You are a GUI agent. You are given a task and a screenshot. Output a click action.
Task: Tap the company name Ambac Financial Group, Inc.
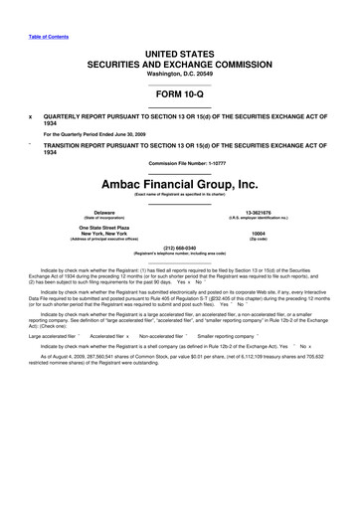(x=180, y=182)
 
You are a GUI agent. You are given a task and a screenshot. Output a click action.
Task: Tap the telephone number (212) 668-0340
(x=180, y=262)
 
